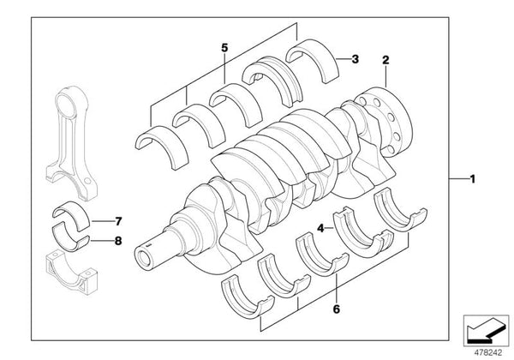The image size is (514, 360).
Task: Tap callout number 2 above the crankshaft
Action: [386, 61]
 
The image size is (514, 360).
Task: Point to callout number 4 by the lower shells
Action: [320, 229]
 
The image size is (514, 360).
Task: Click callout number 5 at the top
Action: [224, 48]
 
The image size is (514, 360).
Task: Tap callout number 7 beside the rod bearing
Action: [118, 220]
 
